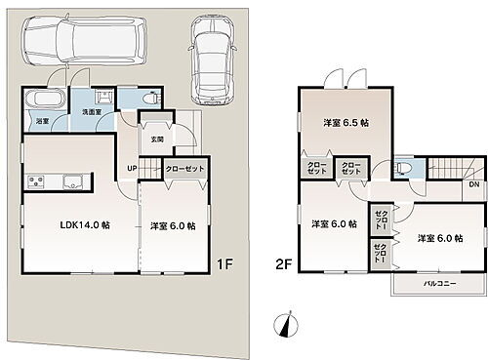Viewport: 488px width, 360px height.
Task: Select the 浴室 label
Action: click(43, 121)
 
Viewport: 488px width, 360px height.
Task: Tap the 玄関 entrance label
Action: click(157, 139)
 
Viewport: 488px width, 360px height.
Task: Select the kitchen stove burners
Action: click(35, 181)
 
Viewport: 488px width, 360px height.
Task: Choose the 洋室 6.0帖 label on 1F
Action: click(173, 225)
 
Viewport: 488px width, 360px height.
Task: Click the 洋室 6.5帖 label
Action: click(346, 123)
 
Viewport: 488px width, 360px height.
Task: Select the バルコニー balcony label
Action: click(441, 283)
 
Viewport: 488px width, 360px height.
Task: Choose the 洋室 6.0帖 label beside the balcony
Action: click(439, 237)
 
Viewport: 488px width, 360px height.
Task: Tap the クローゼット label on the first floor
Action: click(184, 169)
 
